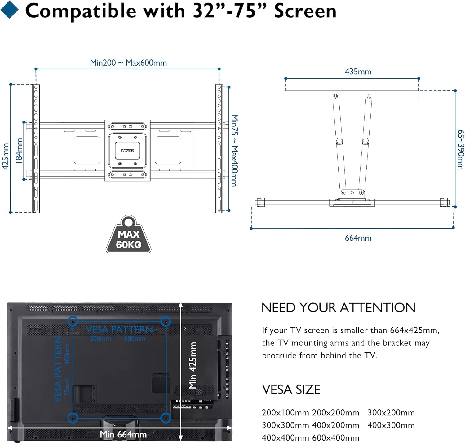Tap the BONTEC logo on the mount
coord(127,151)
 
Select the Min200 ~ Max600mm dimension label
coord(128,63)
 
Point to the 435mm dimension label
coord(358,72)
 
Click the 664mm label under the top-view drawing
coord(358,238)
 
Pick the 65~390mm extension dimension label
coord(461,150)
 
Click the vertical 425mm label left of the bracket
coord(6,156)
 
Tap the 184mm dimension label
coord(19,151)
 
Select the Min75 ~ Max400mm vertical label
coord(235,150)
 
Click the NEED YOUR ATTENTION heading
coord(338,308)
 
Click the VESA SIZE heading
coord(291,389)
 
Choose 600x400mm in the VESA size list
coord(336,438)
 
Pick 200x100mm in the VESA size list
coord(286,413)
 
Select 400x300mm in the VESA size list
coord(391,425)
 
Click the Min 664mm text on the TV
coord(123,434)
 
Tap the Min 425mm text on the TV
coord(193,365)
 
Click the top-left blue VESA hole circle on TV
coord(73,321)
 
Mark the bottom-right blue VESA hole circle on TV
coord(166,418)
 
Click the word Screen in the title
coord(305,11)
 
